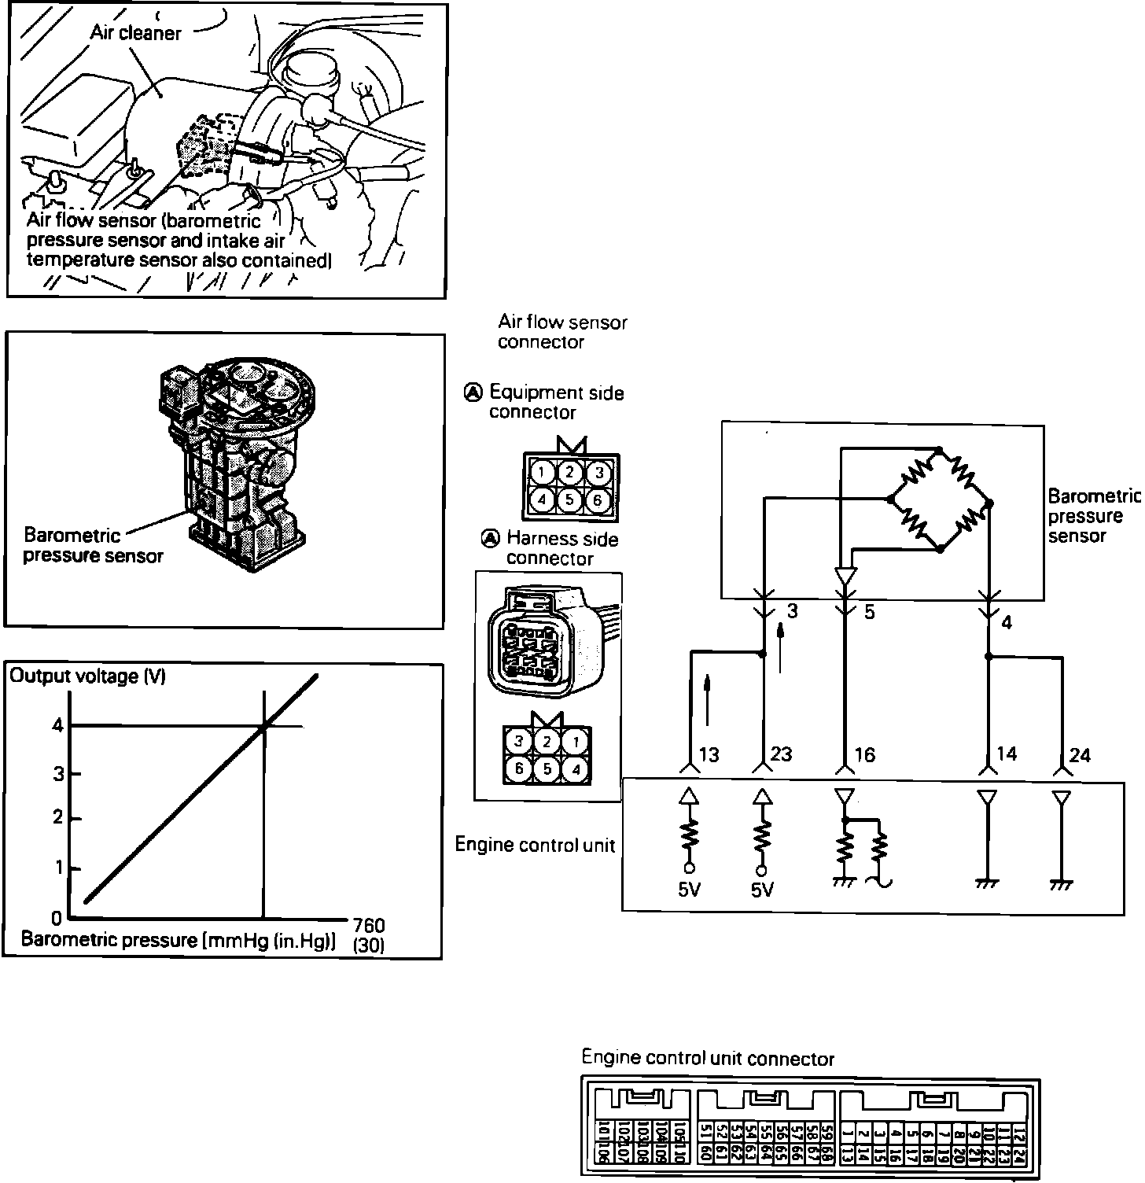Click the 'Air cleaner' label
point(135,33)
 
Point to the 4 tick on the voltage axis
point(57,725)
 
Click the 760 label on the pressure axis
point(369,926)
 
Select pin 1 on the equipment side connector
point(540,473)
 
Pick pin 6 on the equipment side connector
point(598,499)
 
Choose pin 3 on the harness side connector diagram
point(517,741)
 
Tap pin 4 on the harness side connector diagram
point(576,769)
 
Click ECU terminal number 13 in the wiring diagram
point(709,755)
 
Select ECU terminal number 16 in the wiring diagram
point(864,755)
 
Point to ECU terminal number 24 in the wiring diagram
point(1081,755)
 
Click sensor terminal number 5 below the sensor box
point(869,612)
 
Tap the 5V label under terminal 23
point(762,890)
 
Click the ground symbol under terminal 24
point(1060,885)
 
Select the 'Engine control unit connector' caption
point(708,1059)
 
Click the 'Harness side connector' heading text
point(561,548)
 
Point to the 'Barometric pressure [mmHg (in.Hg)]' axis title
point(179,940)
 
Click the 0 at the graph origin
point(57,918)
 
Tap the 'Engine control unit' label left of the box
point(535,845)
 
